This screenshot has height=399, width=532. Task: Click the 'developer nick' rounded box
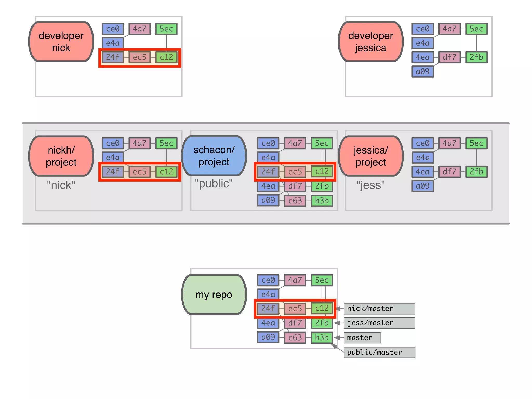coord(61,42)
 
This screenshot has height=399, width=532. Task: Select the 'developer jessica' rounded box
coord(371,42)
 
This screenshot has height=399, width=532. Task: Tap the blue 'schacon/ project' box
coord(214,156)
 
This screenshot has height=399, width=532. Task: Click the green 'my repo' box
coord(214,295)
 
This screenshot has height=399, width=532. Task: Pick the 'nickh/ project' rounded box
coord(61,156)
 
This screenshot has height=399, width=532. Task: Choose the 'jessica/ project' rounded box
coord(371,156)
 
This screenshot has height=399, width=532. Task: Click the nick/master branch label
coord(379,309)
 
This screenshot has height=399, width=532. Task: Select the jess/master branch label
coord(379,323)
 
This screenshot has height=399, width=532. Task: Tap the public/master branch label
coord(379,353)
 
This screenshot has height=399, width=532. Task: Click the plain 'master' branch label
coord(362,338)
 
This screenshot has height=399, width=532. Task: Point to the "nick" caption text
coord(61,185)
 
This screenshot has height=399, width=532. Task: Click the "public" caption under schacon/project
coord(214,183)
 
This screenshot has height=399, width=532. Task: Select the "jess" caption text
coord(371,185)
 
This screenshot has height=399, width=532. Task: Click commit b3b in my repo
coord(322,338)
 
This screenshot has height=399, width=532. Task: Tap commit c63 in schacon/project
coord(295,201)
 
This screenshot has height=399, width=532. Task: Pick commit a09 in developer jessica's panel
coord(422,71)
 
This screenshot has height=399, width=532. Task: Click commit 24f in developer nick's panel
coord(112,57)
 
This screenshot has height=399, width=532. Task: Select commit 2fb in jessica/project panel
coord(476,172)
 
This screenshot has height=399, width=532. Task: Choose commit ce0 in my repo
coord(268,280)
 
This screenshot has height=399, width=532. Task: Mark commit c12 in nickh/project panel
coord(166,172)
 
